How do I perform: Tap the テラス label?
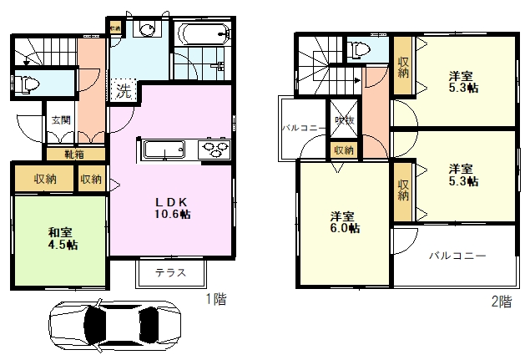[x=169, y=272]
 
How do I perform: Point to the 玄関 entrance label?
[x=59, y=120]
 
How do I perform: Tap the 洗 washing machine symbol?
[x=123, y=89]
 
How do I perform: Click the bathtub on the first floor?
[x=203, y=35]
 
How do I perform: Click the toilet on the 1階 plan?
[x=27, y=83]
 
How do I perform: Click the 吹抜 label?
[x=343, y=120]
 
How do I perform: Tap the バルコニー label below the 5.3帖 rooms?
[x=458, y=256]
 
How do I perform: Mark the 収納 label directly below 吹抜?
[x=343, y=150]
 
